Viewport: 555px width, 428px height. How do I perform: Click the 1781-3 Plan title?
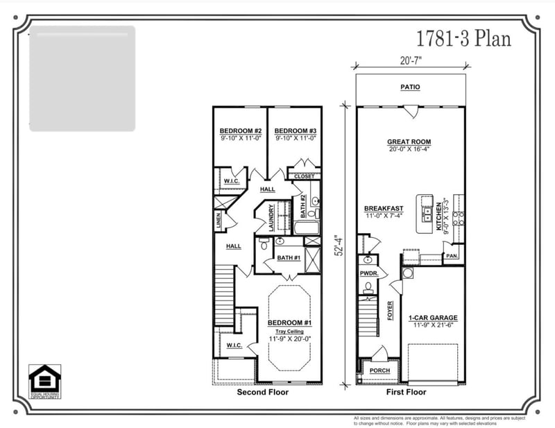(463, 38)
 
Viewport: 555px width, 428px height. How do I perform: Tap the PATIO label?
(411, 87)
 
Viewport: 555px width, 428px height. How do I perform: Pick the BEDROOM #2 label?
(240, 131)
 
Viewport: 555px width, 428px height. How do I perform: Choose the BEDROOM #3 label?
(295, 131)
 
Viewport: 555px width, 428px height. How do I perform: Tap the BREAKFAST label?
(384, 209)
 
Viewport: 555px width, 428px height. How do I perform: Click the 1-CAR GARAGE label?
(433, 318)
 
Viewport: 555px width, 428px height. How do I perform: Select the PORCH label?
(379, 370)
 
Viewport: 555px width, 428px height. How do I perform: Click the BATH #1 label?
(288, 258)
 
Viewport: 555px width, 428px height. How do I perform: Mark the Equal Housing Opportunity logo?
(44, 382)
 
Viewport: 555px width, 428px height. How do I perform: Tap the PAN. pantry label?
(452, 256)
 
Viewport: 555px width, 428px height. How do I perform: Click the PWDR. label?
(368, 273)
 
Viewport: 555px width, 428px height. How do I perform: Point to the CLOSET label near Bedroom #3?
(304, 177)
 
